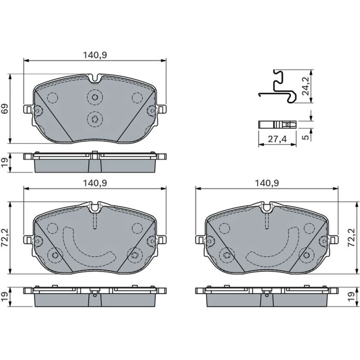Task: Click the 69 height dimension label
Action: point(5,109)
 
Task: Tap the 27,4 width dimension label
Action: point(277,139)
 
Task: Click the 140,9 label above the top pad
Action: point(95,55)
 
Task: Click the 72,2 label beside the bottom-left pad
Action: point(5,238)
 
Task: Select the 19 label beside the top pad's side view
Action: point(5,162)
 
